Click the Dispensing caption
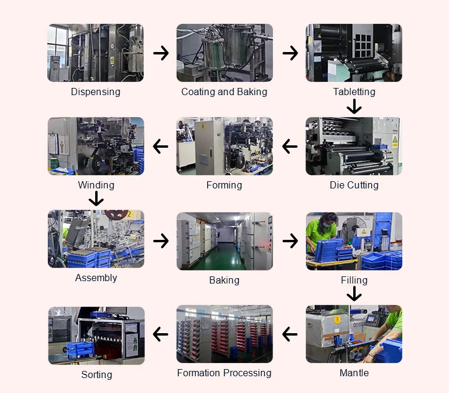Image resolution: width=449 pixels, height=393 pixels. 96,92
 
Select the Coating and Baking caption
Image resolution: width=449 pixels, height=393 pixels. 224,92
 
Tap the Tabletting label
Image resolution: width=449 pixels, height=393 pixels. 354,92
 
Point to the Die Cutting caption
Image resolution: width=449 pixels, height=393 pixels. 354,185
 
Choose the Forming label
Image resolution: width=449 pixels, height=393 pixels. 224,185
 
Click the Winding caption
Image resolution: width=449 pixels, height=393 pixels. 96,185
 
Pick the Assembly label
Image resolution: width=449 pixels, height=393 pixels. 96,278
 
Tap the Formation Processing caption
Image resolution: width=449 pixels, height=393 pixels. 224,373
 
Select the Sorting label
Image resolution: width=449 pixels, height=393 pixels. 96,374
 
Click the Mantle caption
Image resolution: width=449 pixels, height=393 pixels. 354,373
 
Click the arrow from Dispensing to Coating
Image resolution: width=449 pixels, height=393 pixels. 160,53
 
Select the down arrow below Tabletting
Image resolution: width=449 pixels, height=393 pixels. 354,106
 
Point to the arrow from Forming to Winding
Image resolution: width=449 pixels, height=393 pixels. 160,146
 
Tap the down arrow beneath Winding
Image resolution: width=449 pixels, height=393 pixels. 96,199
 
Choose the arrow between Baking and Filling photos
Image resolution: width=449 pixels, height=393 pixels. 290,241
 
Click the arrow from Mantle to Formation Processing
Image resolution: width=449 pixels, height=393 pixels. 290,334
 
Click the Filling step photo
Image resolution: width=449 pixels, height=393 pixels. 354,241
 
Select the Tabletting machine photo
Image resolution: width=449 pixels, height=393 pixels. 354,53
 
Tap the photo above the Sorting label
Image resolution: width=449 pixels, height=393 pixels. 96,336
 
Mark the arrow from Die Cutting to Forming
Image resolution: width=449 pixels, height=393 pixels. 290,146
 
